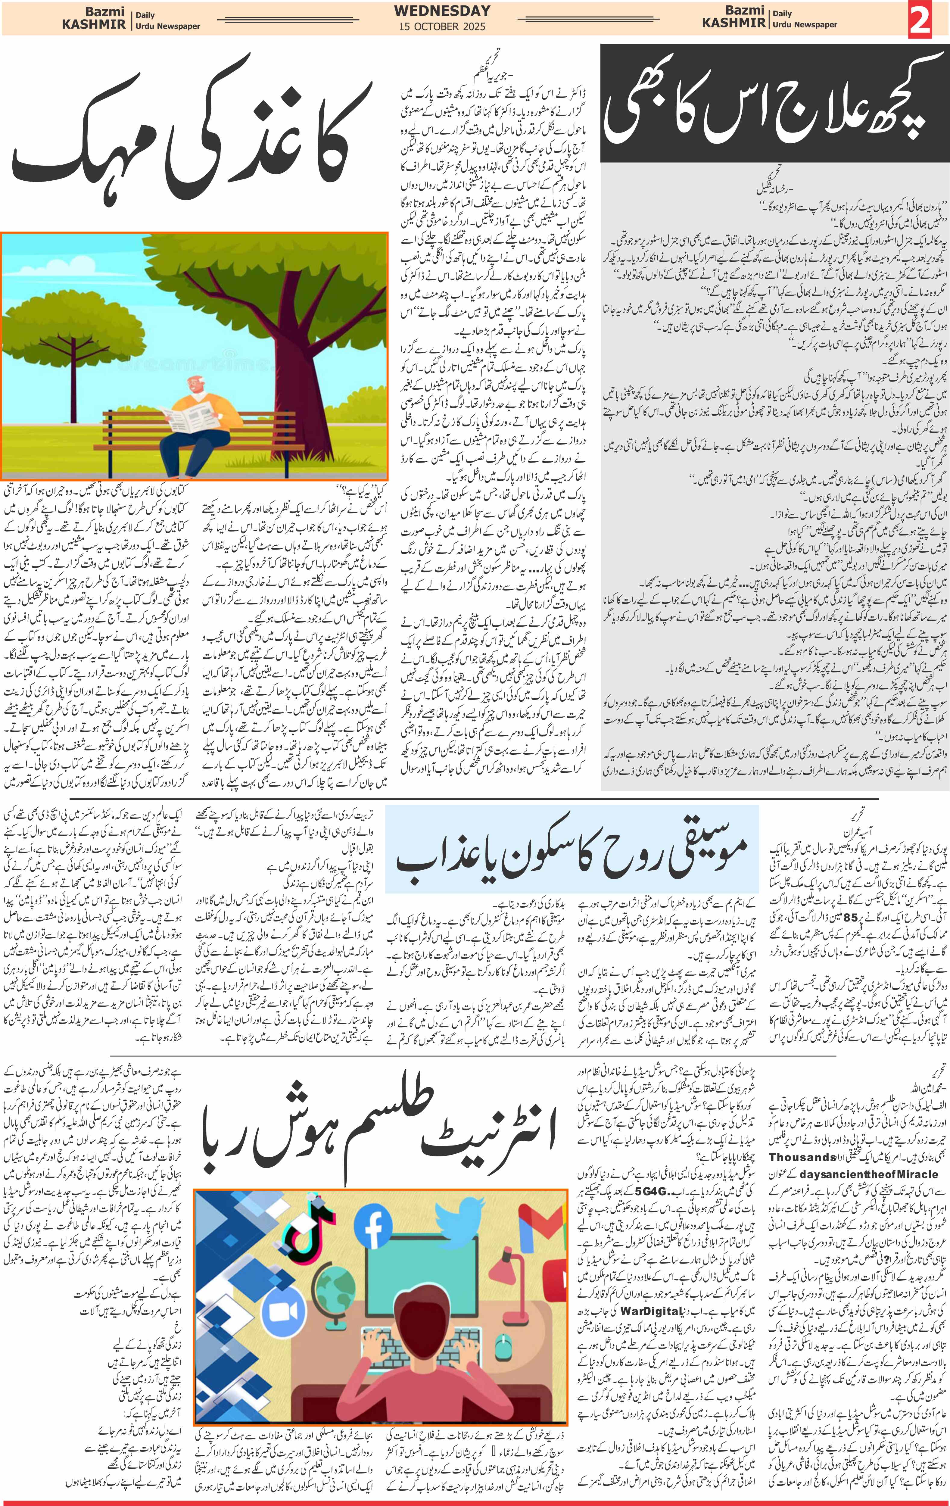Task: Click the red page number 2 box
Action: [920, 19]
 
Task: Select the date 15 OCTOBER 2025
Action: [442, 26]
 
